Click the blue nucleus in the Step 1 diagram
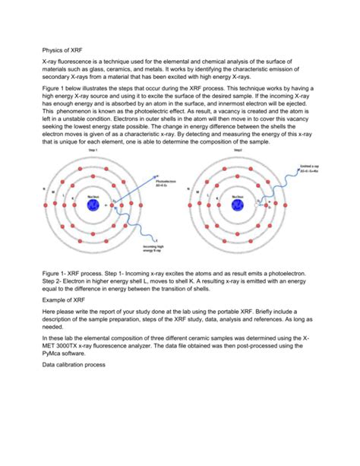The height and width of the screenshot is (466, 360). [x=95, y=206]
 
